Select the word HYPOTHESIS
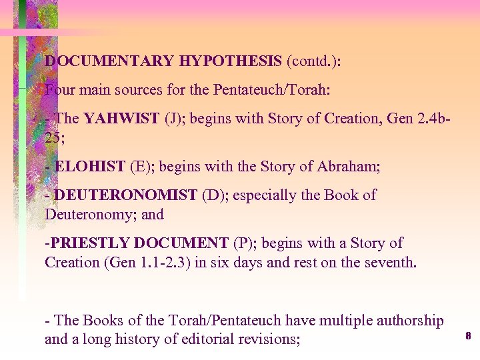click(x=230, y=61)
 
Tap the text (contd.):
click(x=313, y=61)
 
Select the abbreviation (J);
click(x=176, y=119)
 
